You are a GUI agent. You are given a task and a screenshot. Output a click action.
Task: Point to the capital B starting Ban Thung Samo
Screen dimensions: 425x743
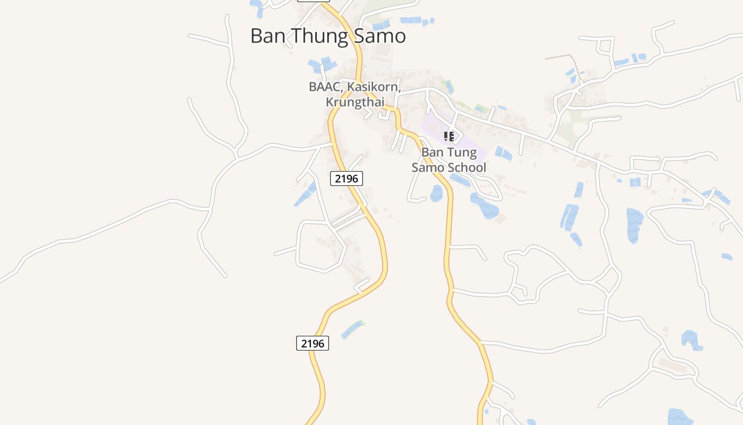256,36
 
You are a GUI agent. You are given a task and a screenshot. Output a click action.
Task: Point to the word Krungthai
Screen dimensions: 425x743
355,101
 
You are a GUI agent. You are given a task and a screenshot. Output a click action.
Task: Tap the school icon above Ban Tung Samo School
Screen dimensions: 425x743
449,137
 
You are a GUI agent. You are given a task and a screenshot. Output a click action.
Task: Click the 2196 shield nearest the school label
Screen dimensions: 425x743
347,178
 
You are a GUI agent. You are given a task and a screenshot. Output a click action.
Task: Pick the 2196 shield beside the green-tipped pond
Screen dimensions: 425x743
313,343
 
